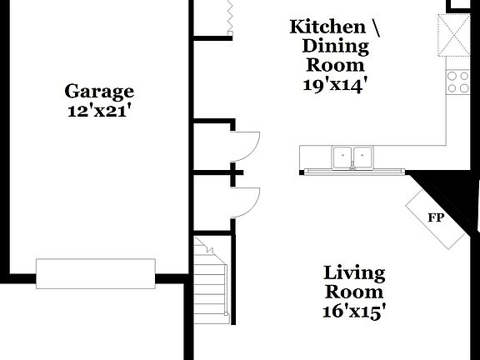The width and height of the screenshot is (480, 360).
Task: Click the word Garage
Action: [100, 91]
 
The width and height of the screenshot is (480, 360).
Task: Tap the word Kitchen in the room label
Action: [327, 27]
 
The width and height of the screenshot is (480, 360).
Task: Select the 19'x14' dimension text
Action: [334, 83]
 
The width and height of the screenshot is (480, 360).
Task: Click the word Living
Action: [354, 273]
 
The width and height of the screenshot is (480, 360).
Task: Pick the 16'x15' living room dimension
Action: [354, 312]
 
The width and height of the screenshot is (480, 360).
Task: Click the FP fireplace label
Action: [435, 218]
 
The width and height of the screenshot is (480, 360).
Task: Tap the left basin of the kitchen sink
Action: [342, 156]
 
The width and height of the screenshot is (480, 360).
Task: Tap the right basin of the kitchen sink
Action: [362, 156]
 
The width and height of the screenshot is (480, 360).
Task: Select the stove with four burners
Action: [457, 81]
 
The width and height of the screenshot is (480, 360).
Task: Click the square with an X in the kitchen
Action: [457, 34]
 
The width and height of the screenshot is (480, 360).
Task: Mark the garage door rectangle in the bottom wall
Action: [95, 273]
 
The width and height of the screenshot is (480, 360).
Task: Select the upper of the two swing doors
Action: [246, 147]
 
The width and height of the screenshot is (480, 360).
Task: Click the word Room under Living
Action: [354, 292]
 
